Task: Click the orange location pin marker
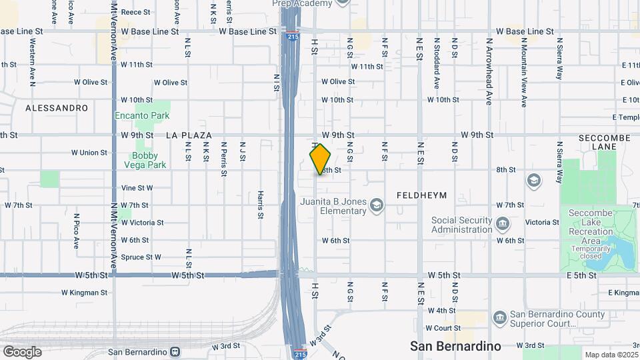[x=321, y=159]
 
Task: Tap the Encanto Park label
[x=142, y=115]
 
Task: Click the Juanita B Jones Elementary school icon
[x=377, y=205]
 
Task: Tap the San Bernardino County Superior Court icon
[x=499, y=317]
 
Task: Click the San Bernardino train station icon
[x=175, y=351]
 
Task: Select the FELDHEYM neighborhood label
[x=421, y=195]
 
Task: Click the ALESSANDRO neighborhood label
[x=57, y=107]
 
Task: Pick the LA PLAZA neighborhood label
[x=189, y=135]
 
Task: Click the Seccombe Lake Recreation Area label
[x=590, y=231]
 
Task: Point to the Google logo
[x=22, y=351]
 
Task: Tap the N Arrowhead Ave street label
[x=489, y=70]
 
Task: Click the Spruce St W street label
[x=141, y=257]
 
